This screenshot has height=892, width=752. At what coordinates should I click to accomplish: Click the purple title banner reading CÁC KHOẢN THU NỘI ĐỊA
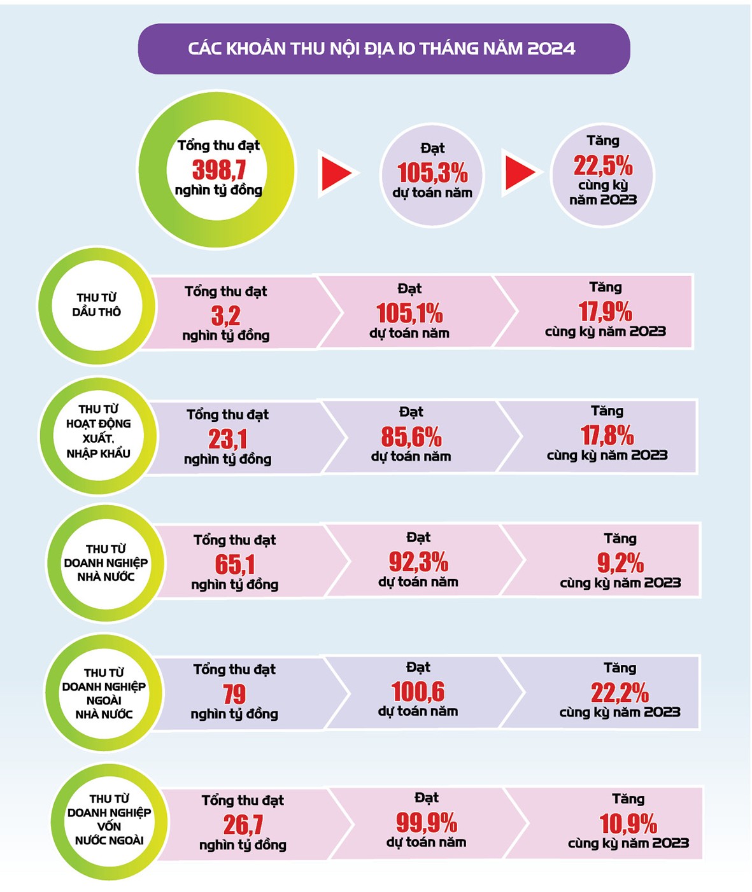click(x=383, y=49)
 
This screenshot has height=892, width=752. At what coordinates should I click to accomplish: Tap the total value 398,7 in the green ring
click(x=218, y=170)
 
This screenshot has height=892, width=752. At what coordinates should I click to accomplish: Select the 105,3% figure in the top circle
click(x=432, y=172)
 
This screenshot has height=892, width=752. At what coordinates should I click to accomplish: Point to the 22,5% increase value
click(x=602, y=165)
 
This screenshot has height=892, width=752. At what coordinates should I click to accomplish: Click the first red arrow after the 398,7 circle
click(x=336, y=172)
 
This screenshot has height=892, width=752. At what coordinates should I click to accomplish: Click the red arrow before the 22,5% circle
click(x=521, y=172)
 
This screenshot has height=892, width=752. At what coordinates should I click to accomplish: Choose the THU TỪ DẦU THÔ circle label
click(x=97, y=305)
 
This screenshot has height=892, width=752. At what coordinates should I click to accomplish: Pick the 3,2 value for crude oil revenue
click(x=225, y=315)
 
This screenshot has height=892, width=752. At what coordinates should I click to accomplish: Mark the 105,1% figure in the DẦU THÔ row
click(x=409, y=313)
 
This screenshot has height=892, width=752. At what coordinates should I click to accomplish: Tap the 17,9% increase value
click(x=605, y=312)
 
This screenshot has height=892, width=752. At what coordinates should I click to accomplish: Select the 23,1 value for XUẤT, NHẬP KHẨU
click(x=227, y=439)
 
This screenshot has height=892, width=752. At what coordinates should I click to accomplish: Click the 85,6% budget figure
click(x=411, y=437)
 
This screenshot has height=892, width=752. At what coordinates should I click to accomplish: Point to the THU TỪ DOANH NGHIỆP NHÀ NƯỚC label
click(x=106, y=563)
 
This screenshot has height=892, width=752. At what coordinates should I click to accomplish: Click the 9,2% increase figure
click(x=620, y=562)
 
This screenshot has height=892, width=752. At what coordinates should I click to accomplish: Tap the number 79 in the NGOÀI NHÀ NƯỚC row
click(x=234, y=693)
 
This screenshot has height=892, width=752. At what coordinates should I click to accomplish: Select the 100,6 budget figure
click(x=418, y=692)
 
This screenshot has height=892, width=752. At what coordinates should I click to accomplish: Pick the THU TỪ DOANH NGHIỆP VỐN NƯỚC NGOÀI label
click(x=109, y=819)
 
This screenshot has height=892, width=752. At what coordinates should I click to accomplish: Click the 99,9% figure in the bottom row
click(x=426, y=823)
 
